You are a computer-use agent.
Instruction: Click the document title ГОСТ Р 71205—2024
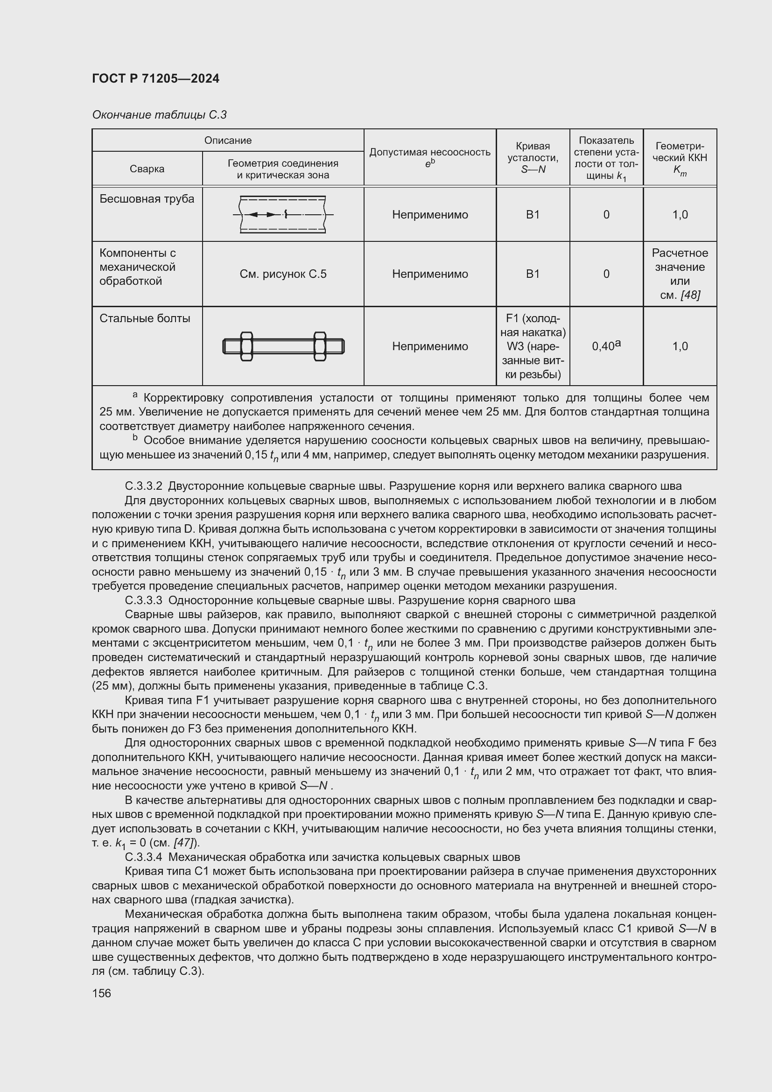(x=155, y=78)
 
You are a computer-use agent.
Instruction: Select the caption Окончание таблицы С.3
(x=159, y=115)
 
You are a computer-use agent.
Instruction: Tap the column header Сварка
(x=147, y=169)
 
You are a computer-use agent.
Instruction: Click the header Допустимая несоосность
(x=430, y=152)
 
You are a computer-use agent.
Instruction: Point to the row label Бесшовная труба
(x=147, y=199)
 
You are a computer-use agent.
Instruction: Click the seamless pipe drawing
(x=283, y=214)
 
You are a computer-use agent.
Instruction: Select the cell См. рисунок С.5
(x=283, y=274)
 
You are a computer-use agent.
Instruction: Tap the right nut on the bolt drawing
(x=319, y=346)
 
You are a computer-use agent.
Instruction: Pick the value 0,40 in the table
(x=603, y=347)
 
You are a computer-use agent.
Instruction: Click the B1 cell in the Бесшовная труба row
(x=533, y=214)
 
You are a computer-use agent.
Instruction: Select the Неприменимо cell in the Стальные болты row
(x=430, y=346)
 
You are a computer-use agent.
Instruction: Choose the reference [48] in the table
(x=690, y=296)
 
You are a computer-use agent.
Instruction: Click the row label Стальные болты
(x=145, y=318)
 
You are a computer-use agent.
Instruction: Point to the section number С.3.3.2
(x=144, y=486)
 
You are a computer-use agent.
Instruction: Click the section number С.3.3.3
(x=144, y=600)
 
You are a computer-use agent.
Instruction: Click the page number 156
(x=101, y=993)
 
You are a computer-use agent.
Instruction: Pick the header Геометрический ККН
(x=680, y=152)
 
